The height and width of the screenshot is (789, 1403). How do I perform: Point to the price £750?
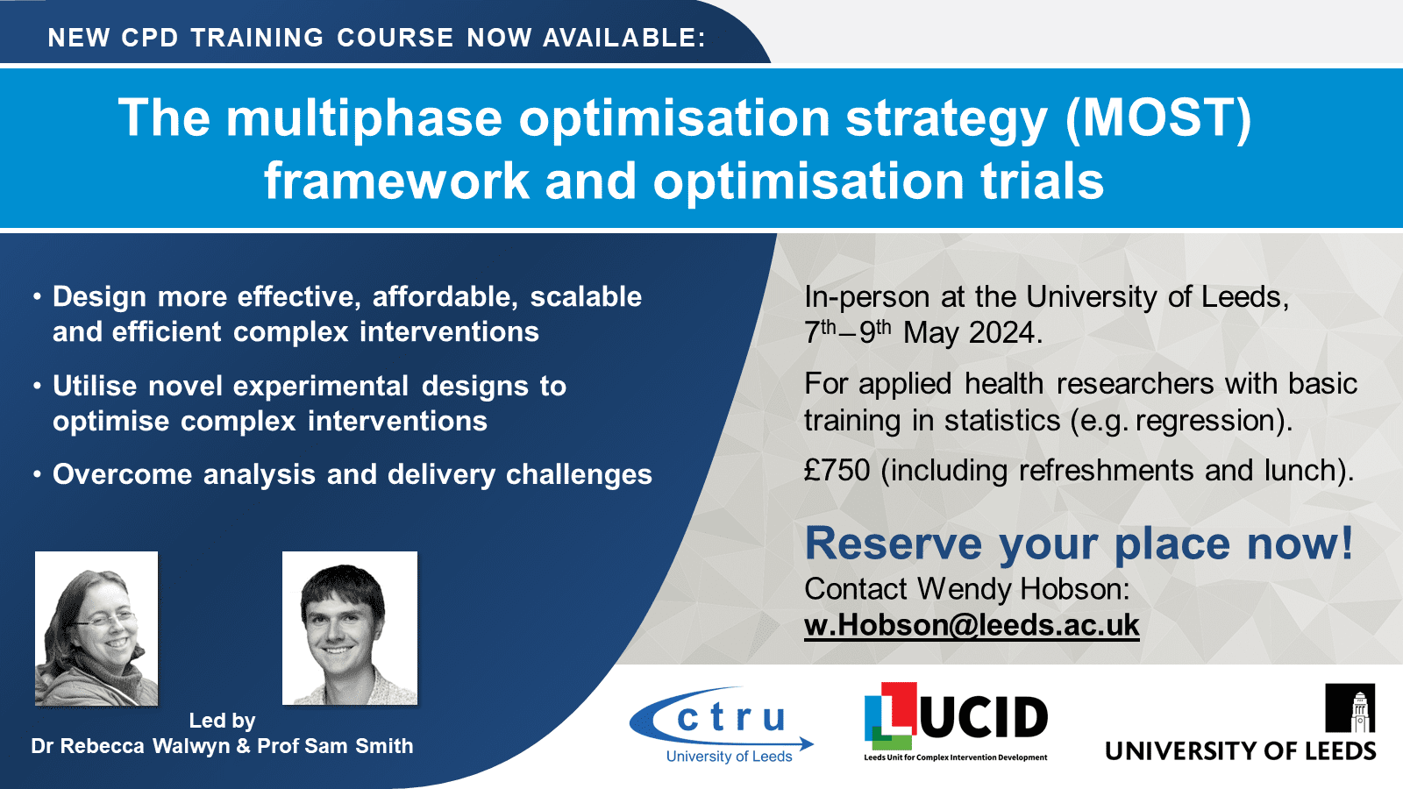(x=837, y=470)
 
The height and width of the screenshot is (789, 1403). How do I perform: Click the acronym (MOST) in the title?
(x=1158, y=117)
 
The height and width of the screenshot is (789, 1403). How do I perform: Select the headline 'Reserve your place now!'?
(x=1079, y=543)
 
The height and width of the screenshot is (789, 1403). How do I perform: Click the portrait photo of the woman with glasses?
(x=96, y=629)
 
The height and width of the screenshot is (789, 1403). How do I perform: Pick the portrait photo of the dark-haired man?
(x=350, y=628)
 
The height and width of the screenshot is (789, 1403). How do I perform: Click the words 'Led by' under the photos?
(x=223, y=721)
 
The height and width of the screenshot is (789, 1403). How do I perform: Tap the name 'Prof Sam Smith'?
(x=335, y=746)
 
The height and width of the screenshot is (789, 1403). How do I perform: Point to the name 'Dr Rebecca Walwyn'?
(x=131, y=746)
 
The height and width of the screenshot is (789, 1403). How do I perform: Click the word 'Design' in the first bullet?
(x=100, y=297)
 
